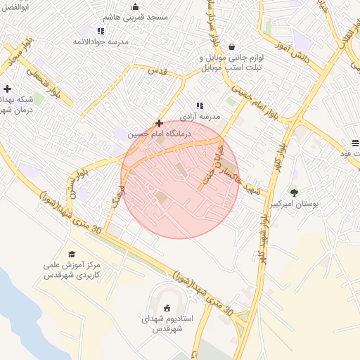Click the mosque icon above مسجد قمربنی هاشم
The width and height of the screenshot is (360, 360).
click(136, 7)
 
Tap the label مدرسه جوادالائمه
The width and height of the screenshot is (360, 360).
click(101, 42)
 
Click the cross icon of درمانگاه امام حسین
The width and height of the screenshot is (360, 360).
click(160, 123)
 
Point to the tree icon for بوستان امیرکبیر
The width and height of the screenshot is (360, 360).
click(293, 192)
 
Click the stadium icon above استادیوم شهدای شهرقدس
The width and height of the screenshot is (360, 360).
click(167, 307)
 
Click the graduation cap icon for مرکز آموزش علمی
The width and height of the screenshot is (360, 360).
click(72, 254)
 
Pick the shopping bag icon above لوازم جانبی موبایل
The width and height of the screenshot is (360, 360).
click(232, 46)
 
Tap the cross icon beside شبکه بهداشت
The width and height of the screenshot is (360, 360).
click(7, 89)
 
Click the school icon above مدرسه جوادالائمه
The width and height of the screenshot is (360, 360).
click(101, 31)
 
